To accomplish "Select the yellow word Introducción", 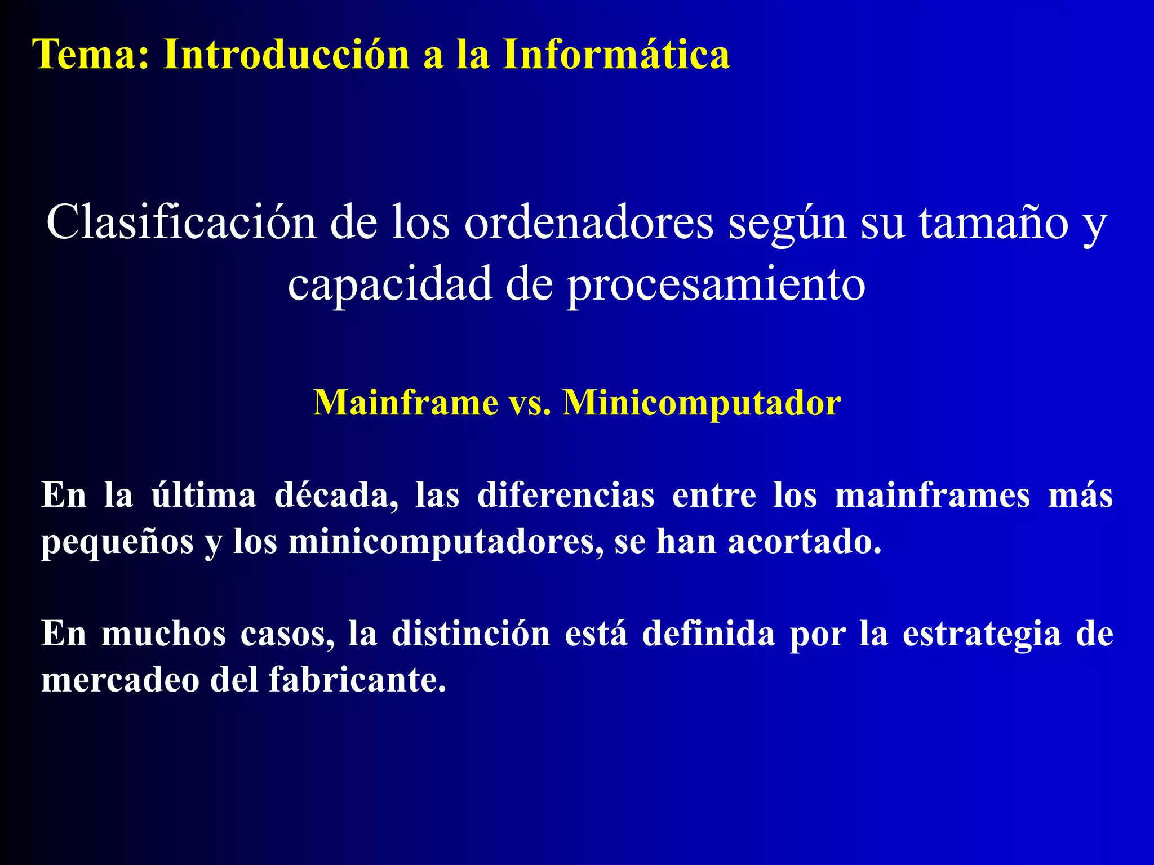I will pyautogui.click(x=286, y=55).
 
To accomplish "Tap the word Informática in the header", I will pyautogui.click(x=616, y=55).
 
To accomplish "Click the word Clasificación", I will pyautogui.click(x=181, y=222).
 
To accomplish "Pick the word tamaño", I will pyautogui.click(x=994, y=222).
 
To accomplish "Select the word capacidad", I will pyautogui.click(x=389, y=284).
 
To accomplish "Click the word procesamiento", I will pyautogui.click(x=716, y=285).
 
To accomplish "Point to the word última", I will pyautogui.click(x=203, y=496).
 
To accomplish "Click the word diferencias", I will pyautogui.click(x=565, y=496).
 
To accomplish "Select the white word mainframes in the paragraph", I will pyautogui.click(x=933, y=496).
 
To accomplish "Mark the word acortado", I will pyautogui.click(x=804, y=542).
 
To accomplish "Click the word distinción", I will pyautogui.click(x=471, y=634).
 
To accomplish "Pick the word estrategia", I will pyautogui.click(x=981, y=635).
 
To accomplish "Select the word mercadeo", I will pyautogui.click(x=120, y=680).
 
